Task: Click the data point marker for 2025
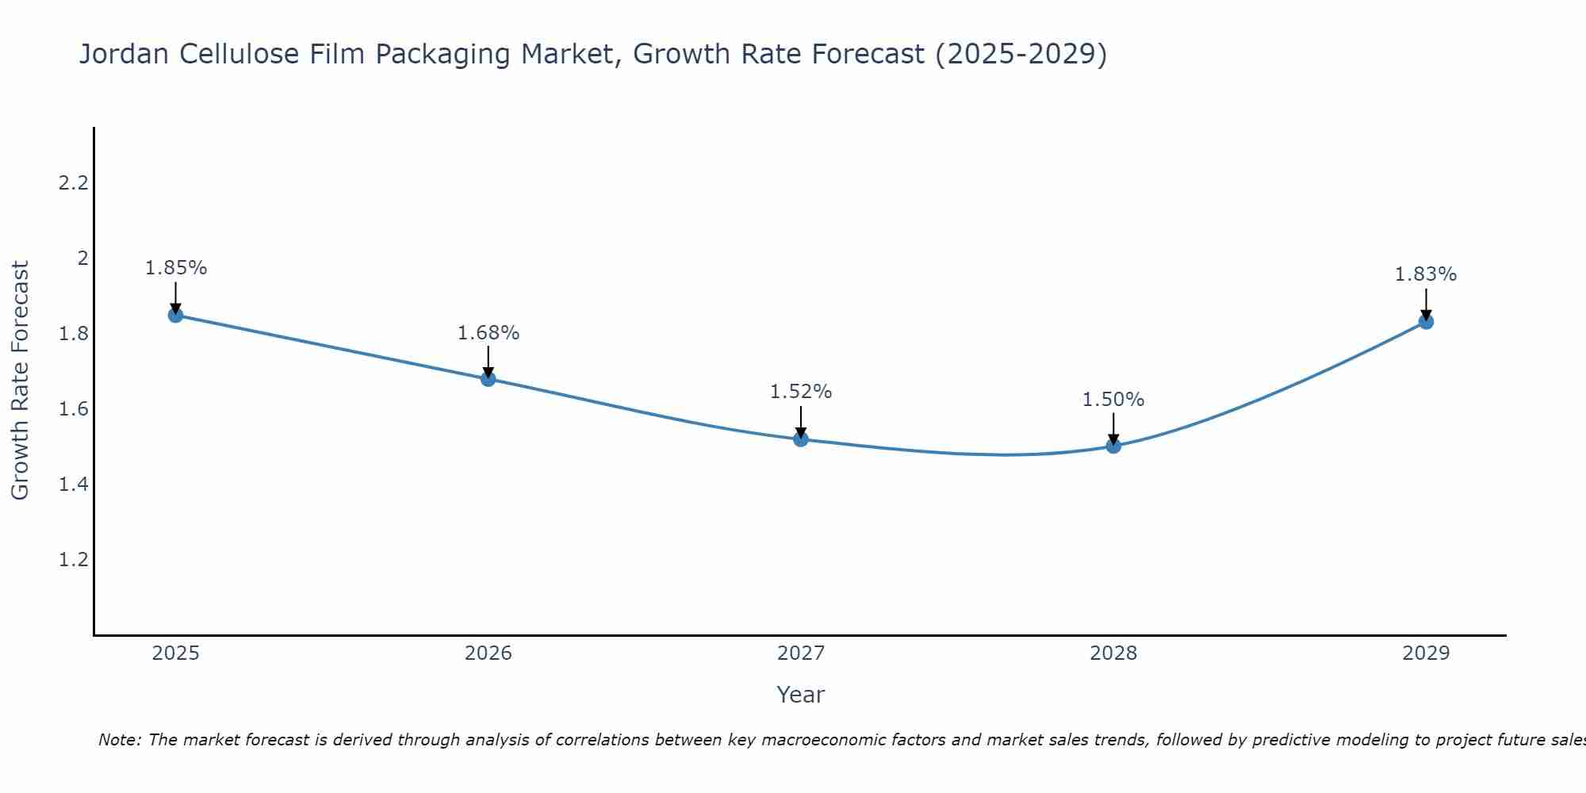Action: coord(175,316)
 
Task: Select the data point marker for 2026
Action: coord(488,379)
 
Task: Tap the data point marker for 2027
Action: coord(801,439)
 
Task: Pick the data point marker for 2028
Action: coord(1113,446)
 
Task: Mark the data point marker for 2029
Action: coord(1426,322)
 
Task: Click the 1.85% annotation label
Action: coord(175,268)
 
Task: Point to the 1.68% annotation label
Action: coord(488,333)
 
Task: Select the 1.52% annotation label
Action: coord(801,392)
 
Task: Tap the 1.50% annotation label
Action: coord(1113,400)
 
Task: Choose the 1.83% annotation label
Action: coord(1426,274)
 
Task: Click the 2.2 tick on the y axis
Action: coord(73,183)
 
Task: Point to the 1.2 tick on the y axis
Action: coord(73,560)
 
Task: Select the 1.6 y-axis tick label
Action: coord(73,409)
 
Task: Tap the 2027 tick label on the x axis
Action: coord(801,653)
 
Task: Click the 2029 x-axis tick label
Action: coord(1426,653)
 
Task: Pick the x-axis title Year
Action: coord(801,695)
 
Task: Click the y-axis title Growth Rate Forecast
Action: coord(20,381)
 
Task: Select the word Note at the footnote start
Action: coord(119,740)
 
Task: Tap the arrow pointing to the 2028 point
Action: coord(1113,429)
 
